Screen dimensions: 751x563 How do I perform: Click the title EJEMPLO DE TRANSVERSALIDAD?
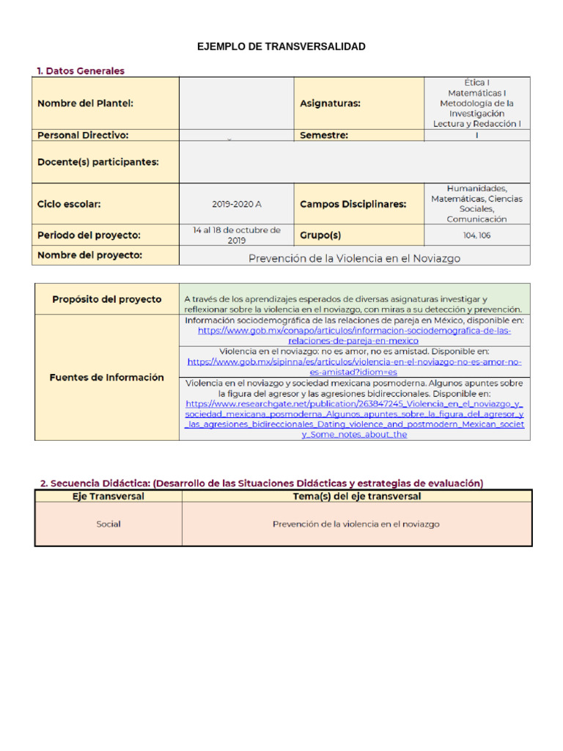point(281,47)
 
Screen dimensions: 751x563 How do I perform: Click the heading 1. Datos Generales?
point(81,71)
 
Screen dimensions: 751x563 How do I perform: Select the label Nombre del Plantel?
point(85,104)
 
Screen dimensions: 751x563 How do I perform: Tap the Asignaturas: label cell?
point(330,104)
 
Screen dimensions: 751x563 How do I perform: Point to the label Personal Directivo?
point(83,135)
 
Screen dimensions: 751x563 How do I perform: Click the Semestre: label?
point(324,135)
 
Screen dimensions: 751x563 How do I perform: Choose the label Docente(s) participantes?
point(97,162)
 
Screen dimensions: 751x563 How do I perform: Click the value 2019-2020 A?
point(236,204)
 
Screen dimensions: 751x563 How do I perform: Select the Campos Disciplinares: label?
point(353,204)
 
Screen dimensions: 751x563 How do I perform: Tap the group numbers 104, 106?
point(476,235)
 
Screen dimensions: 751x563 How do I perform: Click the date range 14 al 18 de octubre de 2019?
point(236,235)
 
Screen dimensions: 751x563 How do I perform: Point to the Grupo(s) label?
point(320,235)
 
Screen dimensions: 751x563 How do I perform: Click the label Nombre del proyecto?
point(89,255)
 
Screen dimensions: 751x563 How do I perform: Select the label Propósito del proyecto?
point(106,299)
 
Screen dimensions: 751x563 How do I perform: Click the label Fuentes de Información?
point(106,377)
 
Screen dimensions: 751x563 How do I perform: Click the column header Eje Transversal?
point(108,497)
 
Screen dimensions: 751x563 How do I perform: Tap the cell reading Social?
point(108,524)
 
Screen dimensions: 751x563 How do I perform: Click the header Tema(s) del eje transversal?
point(356,497)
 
